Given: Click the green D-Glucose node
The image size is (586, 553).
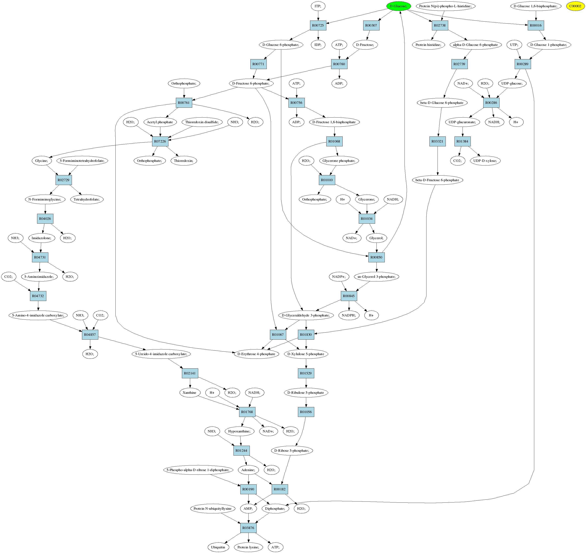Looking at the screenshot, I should click(x=398, y=6).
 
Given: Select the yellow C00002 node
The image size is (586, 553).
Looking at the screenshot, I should click(x=575, y=6).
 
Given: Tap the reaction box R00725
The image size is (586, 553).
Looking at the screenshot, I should click(x=318, y=25).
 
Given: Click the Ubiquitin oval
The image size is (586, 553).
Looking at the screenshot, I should click(x=218, y=547).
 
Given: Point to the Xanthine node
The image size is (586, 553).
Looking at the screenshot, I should click(x=190, y=393).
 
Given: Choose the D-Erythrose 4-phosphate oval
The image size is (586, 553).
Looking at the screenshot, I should click(x=256, y=354).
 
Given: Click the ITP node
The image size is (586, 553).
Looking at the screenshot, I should click(x=318, y=6).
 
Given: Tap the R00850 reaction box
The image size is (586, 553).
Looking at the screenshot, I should click(x=376, y=257).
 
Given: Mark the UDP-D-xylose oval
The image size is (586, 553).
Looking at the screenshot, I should click(x=485, y=161).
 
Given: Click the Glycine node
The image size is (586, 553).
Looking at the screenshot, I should click(x=41, y=161).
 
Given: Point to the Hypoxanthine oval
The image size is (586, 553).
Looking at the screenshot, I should click(x=239, y=431).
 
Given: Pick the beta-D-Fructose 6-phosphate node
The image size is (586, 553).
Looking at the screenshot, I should click(x=437, y=180).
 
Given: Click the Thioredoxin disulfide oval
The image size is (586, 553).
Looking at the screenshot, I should click(x=202, y=122).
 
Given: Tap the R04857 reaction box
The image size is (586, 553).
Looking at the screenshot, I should click(x=90, y=335).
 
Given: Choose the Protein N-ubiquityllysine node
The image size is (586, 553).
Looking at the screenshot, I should click(x=212, y=509).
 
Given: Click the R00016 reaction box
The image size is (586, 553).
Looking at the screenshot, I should click(x=536, y=25).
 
